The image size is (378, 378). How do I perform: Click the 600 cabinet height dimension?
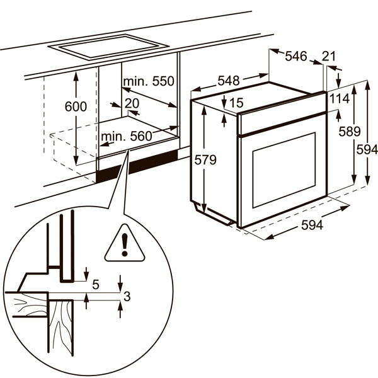(x=76, y=107)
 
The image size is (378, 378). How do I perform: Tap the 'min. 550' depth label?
(x=148, y=82)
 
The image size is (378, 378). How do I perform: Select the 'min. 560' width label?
(x=126, y=137)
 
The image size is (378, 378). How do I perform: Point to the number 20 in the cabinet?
(x=132, y=103)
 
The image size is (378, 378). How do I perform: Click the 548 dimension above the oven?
(x=229, y=81)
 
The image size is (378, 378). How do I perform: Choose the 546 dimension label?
(x=295, y=56)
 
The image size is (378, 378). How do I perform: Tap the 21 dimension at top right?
(x=329, y=56)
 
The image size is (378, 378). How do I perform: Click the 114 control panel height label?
(x=339, y=99)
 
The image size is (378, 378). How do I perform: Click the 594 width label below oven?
(x=311, y=225)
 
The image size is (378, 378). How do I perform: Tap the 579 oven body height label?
(x=205, y=161)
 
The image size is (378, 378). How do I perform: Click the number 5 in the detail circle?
(x=96, y=285)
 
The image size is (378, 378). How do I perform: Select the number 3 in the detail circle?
(x=127, y=297)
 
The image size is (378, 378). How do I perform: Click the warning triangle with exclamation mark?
(x=125, y=243)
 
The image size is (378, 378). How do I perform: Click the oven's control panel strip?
(x=282, y=122)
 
